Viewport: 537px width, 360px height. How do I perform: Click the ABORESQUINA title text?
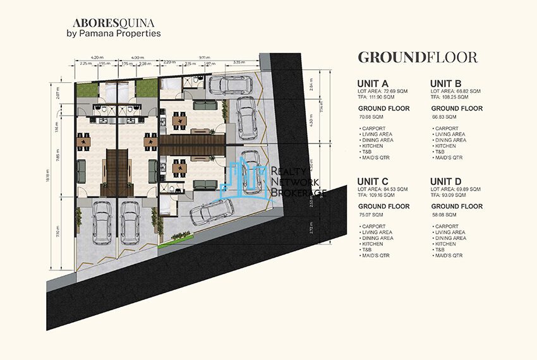pyautogui.click(x=107, y=21)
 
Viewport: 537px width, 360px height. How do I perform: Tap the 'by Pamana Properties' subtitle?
pyautogui.click(x=113, y=33)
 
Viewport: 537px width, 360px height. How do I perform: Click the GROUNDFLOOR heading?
pyautogui.click(x=417, y=57)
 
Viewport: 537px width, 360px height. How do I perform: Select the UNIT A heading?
pyautogui.click(x=373, y=83)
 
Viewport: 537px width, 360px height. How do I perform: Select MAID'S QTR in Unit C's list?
pyautogui.click(x=375, y=256)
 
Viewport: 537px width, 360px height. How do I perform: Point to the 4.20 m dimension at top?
pyautogui.click(x=97, y=57)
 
